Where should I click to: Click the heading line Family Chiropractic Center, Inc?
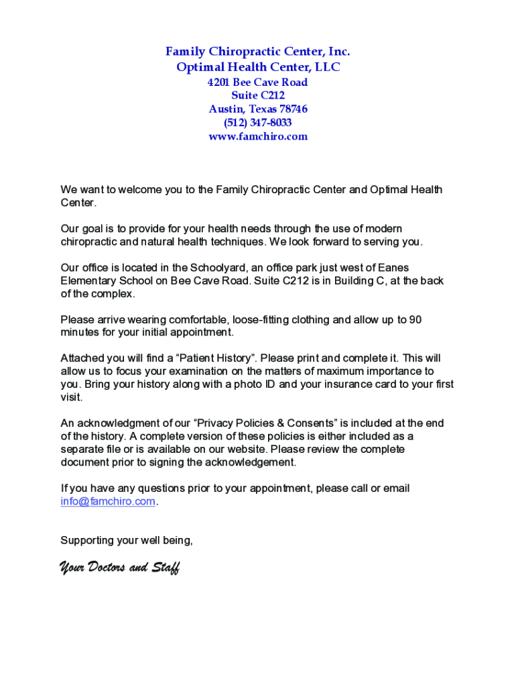point(258,52)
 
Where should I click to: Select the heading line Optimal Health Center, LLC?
point(258,67)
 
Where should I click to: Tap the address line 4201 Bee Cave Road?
point(258,83)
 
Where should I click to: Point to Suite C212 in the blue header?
point(258,96)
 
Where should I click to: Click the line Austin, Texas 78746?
point(258,109)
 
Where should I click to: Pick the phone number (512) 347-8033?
point(258,123)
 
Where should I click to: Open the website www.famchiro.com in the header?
point(258,136)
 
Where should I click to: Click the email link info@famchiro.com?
point(108,501)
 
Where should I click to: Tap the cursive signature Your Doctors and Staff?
point(119,568)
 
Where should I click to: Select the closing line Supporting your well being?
point(127,540)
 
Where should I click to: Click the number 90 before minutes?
point(415,320)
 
